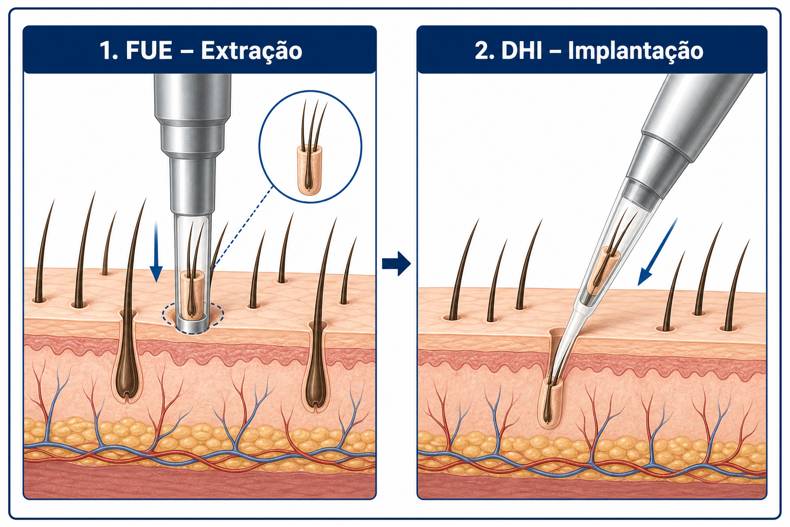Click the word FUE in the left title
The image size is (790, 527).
(149, 51)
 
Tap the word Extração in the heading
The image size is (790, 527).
(252, 51)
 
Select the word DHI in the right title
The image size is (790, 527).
(522, 51)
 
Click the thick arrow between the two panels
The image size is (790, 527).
(397, 263)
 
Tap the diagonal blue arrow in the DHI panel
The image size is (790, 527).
(657, 252)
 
